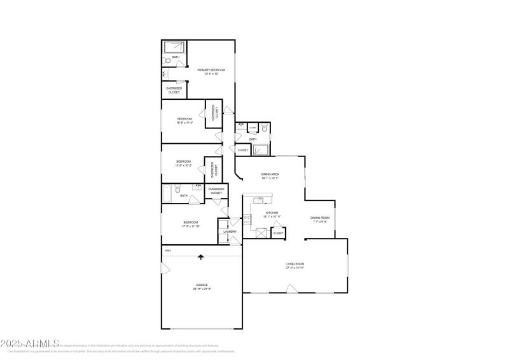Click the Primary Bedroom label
[207, 70]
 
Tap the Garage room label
[201, 285]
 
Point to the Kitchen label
[272, 212]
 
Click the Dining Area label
[270, 174]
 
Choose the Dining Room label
[319, 218]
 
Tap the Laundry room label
[230, 232]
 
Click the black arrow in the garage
[201, 258]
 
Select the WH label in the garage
[168, 251]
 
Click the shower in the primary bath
[175, 47]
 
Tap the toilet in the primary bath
[167, 61]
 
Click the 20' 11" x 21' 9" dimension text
[201, 289]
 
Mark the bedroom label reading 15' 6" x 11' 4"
[185, 123]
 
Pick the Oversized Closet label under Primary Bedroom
[174, 90]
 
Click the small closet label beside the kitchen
[278, 233]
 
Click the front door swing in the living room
[291, 289]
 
